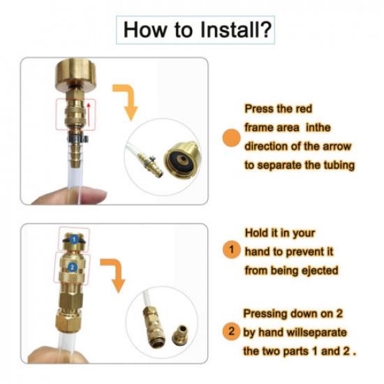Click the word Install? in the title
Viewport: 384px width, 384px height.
click(236, 29)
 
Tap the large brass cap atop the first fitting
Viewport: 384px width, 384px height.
click(75, 74)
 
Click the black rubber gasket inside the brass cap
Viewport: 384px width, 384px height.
click(182, 161)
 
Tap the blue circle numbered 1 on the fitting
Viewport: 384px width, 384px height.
click(75, 239)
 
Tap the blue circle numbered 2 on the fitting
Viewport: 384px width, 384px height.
click(72, 267)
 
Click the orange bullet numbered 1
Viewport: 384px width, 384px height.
click(232, 249)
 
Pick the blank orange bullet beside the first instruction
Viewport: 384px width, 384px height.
click(232, 138)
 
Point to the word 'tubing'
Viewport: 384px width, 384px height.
click(339, 165)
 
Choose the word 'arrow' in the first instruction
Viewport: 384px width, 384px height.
click(337, 146)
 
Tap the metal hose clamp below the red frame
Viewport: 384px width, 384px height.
click(77, 139)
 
